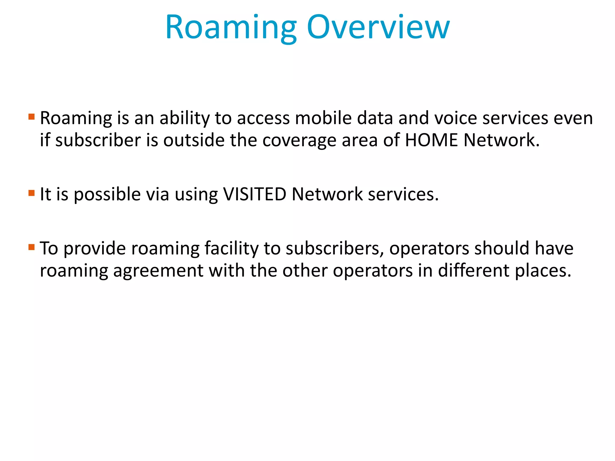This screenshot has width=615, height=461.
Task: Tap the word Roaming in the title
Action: pos(231,28)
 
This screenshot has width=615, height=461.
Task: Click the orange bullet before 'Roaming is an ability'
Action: pos(32,116)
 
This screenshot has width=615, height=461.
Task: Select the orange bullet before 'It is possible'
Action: pos(32,193)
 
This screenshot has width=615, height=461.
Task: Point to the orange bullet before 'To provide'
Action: pos(32,247)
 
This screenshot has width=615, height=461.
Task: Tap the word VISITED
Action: pos(255,194)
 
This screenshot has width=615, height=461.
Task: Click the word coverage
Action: pos(299,140)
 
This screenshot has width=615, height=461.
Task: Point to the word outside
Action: pos(194,140)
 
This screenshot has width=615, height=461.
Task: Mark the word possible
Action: pos(107,194)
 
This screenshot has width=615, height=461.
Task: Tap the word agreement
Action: pos(158,271)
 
